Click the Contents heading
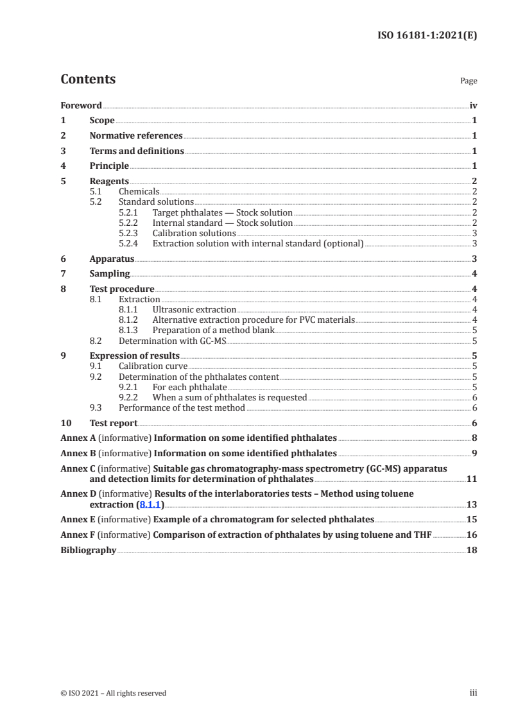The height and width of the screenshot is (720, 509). (x=88, y=80)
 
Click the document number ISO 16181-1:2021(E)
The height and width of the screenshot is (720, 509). (x=426, y=36)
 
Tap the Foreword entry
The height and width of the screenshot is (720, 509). (x=81, y=105)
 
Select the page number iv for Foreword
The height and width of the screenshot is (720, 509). (x=472, y=105)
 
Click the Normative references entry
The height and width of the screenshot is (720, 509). (x=136, y=136)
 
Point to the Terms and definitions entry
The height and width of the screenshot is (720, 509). (x=137, y=151)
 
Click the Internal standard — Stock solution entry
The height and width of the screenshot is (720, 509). (x=222, y=223)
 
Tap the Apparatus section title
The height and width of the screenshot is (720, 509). (x=112, y=259)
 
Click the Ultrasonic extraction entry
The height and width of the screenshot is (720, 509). (x=194, y=310)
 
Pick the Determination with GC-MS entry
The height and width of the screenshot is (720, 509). (x=173, y=341)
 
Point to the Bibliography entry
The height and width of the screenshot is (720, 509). (x=88, y=550)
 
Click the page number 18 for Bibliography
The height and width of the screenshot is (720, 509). (x=471, y=550)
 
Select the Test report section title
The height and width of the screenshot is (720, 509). (x=114, y=424)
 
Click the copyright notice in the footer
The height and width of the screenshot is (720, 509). (x=113, y=692)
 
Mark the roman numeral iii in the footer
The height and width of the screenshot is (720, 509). (x=474, y=692)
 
